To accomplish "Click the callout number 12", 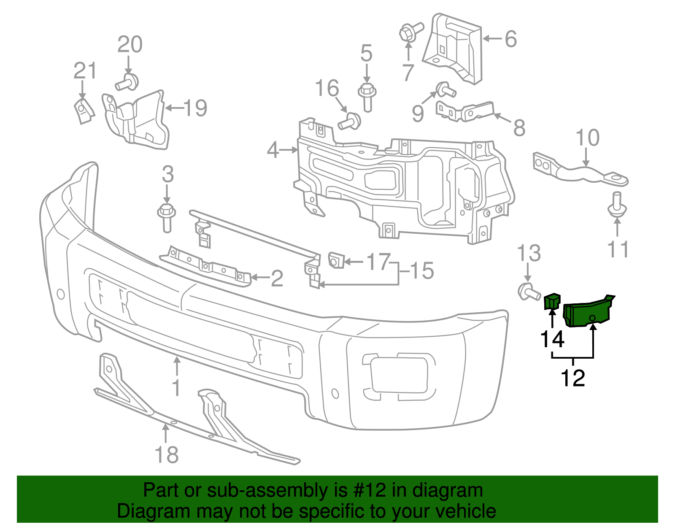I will pyautogui.click(x=572, y=378).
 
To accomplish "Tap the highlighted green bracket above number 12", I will pyautogui.click(x=587, y=313).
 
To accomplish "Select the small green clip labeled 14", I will pyautogui.click(x=551, y=301).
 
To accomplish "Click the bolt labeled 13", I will pyautogui.click(x=528, y=292).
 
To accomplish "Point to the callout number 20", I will pyautogui.click(x=130, y=45).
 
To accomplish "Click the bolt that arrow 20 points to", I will pyautogui.click(x=128, y=82).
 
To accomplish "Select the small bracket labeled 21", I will pyautogui.click(x=84, y=110).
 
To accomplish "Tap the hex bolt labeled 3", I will pyautogui.click(x=166, y=216).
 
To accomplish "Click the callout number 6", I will pyautogui.click(x=510, y=39).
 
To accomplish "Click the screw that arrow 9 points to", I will pyautogui.click(x=445, y=89).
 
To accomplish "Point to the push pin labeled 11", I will pyautogui.click(x=617, y=207).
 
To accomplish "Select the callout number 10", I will pyautogui.click(x=587, y=138).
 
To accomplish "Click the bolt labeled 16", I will pyautogui.click(x=350, y=122).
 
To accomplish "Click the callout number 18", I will pyautogui.click(x=167, y=455).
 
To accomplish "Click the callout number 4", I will pyautogui.click(x=273, y=150).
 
